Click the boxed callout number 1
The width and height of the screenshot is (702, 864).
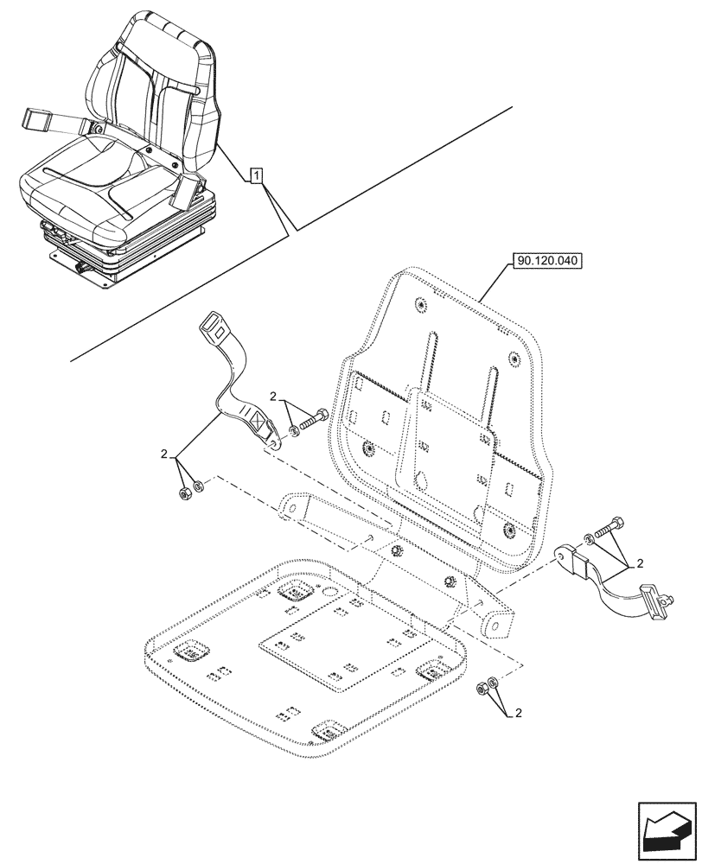click(257, 176)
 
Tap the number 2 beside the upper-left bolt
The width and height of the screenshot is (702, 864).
click(273, 398)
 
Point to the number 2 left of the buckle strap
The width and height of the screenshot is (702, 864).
click(163, 453)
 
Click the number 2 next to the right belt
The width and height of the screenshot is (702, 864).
click(639, 564)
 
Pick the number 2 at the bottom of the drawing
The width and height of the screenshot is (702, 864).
click(518, 714)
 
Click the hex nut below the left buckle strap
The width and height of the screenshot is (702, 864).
click(184, 492)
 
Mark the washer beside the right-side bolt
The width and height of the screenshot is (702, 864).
click(588, 539)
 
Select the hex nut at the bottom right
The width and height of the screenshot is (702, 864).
click(480, 689)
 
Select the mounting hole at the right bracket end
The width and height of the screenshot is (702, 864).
click(498, 625)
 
